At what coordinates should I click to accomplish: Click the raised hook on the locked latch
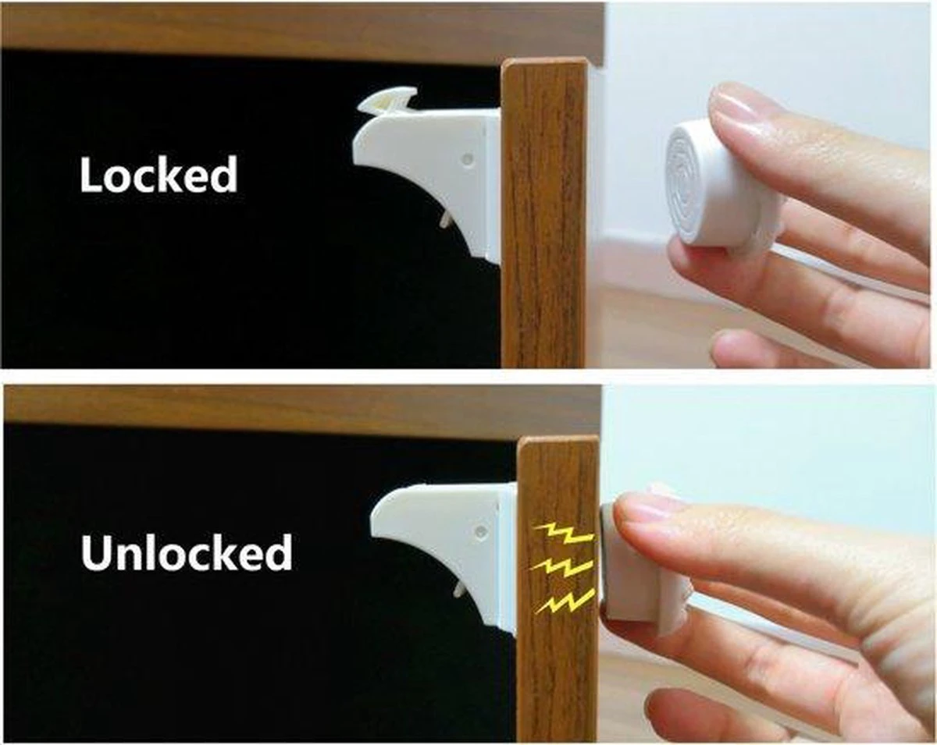tap(387, 106)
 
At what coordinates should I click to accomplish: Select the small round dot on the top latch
tap(468, 158)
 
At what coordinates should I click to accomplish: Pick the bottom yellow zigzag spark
tap(565, 601)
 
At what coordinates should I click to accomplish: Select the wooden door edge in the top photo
tap(544, 215)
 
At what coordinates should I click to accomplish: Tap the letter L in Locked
tap(91, 174)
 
